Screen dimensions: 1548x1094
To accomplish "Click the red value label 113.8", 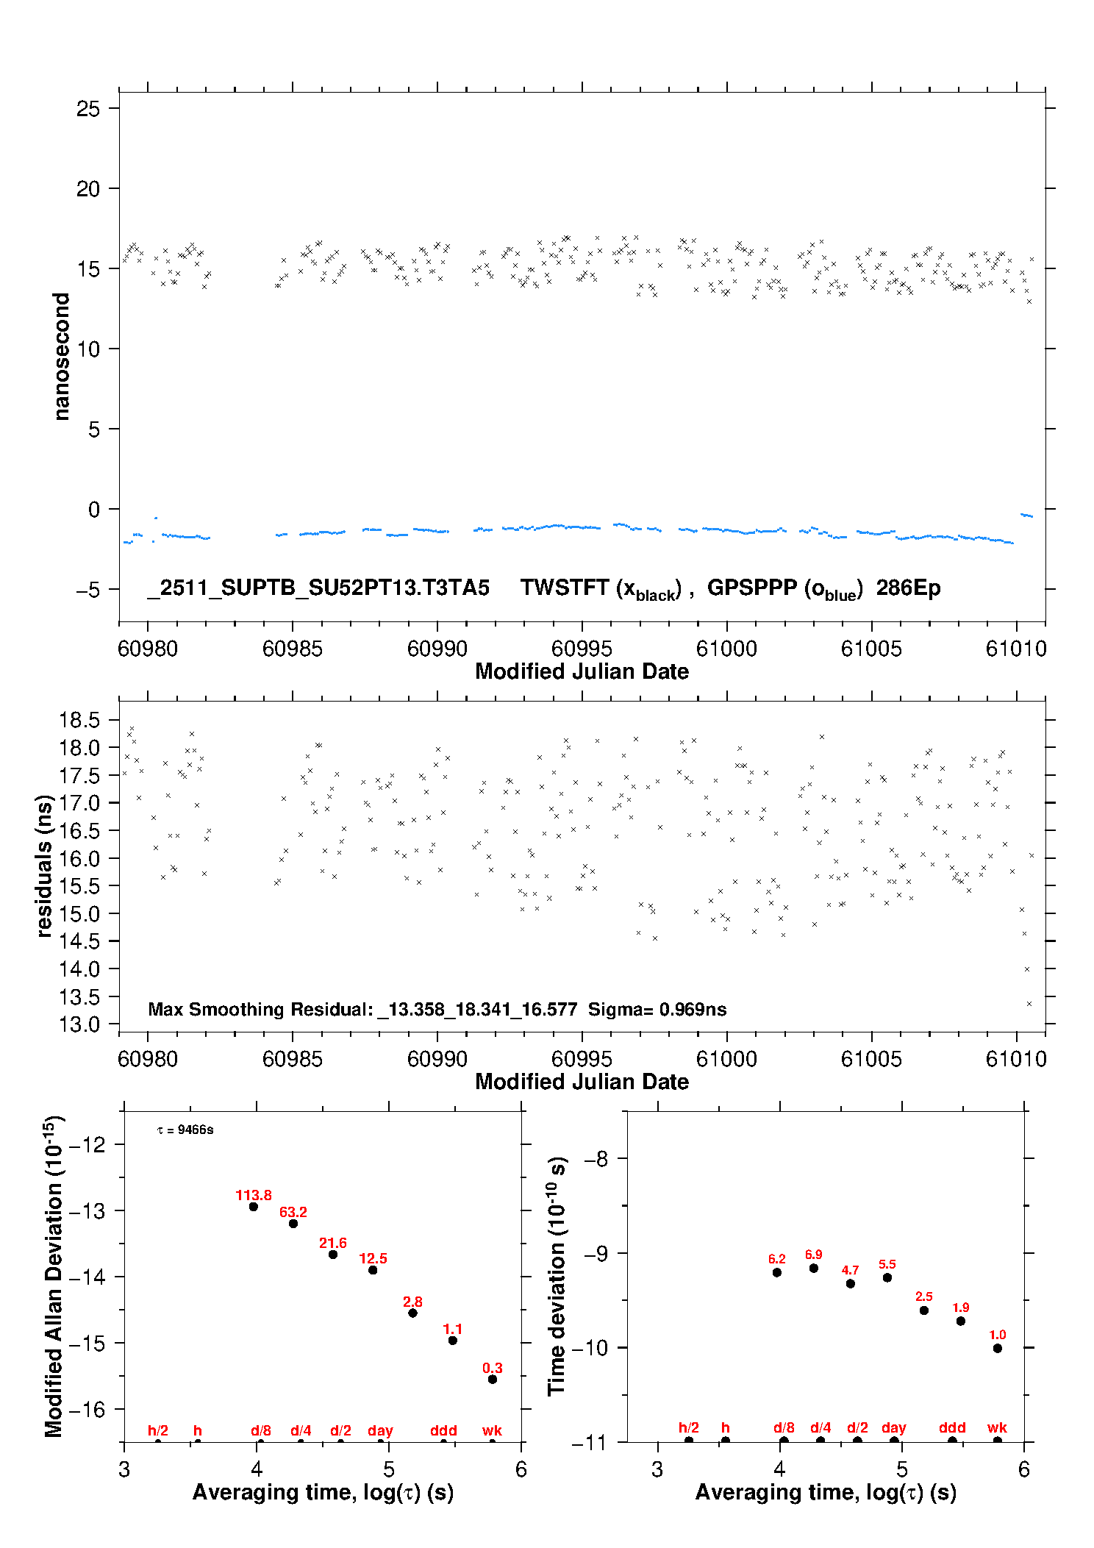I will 254,1195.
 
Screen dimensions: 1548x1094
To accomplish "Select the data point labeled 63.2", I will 293,1224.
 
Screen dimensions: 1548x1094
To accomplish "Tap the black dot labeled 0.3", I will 493,1380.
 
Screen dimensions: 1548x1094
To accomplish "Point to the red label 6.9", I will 813,1255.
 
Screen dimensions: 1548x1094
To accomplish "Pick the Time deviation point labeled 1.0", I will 998,1349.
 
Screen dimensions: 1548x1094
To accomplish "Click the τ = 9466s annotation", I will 185,1130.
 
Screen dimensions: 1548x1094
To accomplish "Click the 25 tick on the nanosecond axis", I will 88,109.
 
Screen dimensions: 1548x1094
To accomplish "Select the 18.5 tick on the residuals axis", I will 79,720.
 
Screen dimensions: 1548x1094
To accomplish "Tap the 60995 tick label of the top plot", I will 582,649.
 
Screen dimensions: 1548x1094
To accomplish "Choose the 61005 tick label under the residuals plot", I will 871,1059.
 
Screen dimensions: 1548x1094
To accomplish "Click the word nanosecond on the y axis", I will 62,356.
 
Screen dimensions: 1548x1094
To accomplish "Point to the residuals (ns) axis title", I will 44,866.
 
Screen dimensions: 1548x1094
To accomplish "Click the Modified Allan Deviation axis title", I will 54,1276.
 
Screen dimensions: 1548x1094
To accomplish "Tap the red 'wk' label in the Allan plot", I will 492,1430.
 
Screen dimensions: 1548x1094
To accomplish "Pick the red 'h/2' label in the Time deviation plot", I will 689,1427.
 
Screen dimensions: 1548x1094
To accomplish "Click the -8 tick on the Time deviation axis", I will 596,1159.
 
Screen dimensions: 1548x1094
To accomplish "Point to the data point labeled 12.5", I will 373,1270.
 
